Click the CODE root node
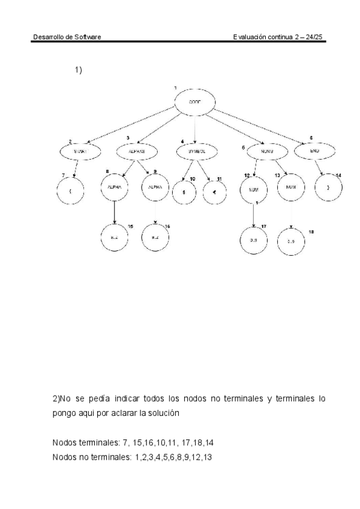tap(195, 102)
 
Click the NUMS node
tap(267, 152)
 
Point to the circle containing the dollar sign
tap(183, 194)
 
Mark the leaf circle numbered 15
tap(114, 238)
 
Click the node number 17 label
tap(263, 226)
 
